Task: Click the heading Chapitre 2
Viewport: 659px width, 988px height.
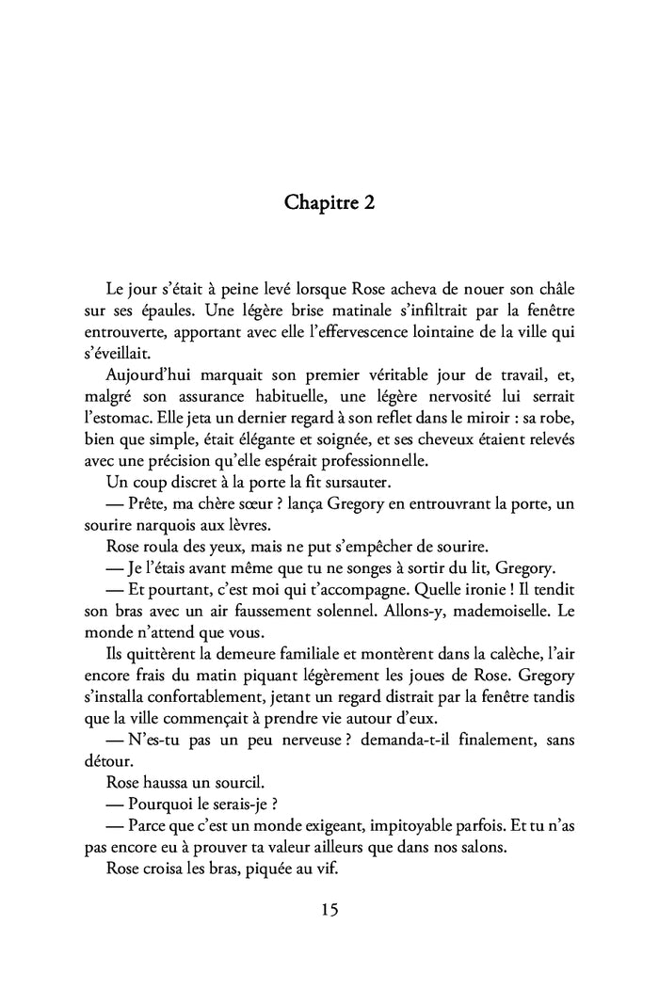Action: pos(329,203)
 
